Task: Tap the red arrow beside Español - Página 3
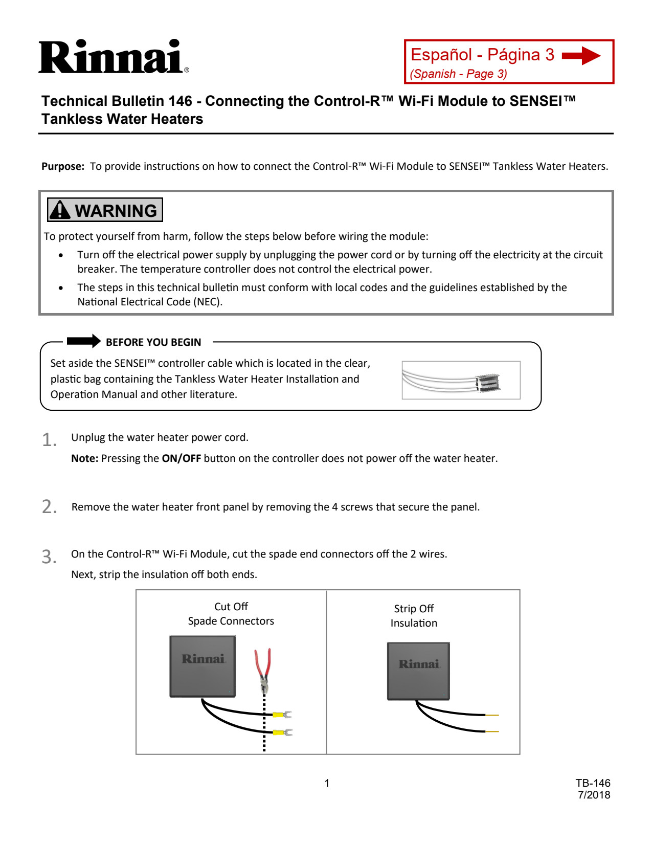[x=581, y=55]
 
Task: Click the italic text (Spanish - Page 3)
[x=458, y=74]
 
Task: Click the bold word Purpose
[x=62, y=167]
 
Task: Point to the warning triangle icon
[x=60, y=210]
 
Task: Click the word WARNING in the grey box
[x=116, y=211]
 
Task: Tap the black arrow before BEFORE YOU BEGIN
[x=84, y=341]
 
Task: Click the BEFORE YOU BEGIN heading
[x=153, y=342]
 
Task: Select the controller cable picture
[x=461, y=380]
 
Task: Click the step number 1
[x=49, y=440]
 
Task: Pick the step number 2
[x=49, y=507]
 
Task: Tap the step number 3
[x=49, y=557]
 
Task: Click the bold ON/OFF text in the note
[x=182, y=458]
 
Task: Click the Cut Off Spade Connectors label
[x=231, y=614]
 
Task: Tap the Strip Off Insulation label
[x=414, y=616]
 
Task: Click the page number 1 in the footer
[x=327, y=783]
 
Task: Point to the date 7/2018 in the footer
[x=594, y=795]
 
